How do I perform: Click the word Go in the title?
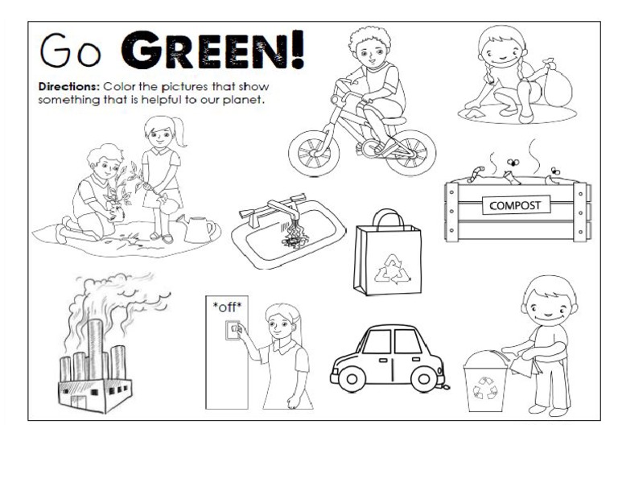tap(70, 52)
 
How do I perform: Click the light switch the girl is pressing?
tap(233, 330)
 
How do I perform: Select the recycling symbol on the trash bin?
tap(484, 389)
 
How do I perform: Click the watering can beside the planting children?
tap(198, 229)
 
